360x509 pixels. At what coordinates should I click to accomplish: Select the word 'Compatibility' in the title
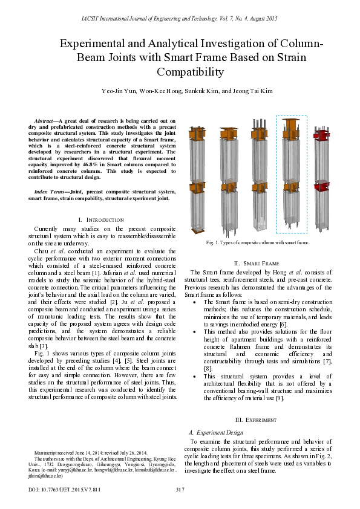(191, 72)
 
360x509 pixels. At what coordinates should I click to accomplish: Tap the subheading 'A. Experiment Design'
(216, 432)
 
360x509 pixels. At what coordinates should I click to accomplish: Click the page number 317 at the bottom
(180, 488)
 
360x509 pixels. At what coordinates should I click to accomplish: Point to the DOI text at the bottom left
(64, 488)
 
